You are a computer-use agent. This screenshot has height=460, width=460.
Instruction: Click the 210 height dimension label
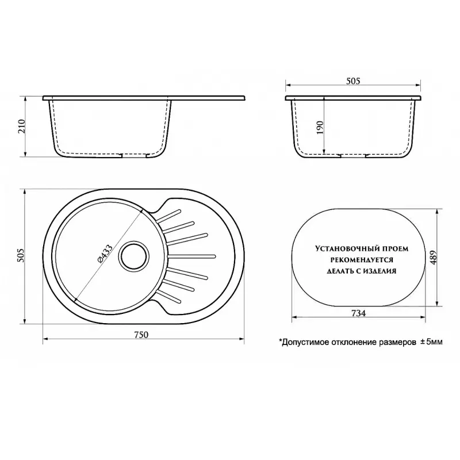click(x=22, y=126)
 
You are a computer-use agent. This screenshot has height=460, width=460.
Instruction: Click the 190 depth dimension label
click(x=320, y=127)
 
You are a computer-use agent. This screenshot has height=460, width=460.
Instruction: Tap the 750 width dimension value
click(x=141, y=335)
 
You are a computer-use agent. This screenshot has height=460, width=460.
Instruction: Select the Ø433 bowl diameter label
click(x=105, y=254)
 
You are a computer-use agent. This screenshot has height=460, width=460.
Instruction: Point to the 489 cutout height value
click(x=434, y=257)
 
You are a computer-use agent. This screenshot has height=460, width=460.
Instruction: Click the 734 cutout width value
click(x=358, y=313)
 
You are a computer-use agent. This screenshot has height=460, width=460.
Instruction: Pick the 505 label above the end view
click(x=353, y=81)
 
